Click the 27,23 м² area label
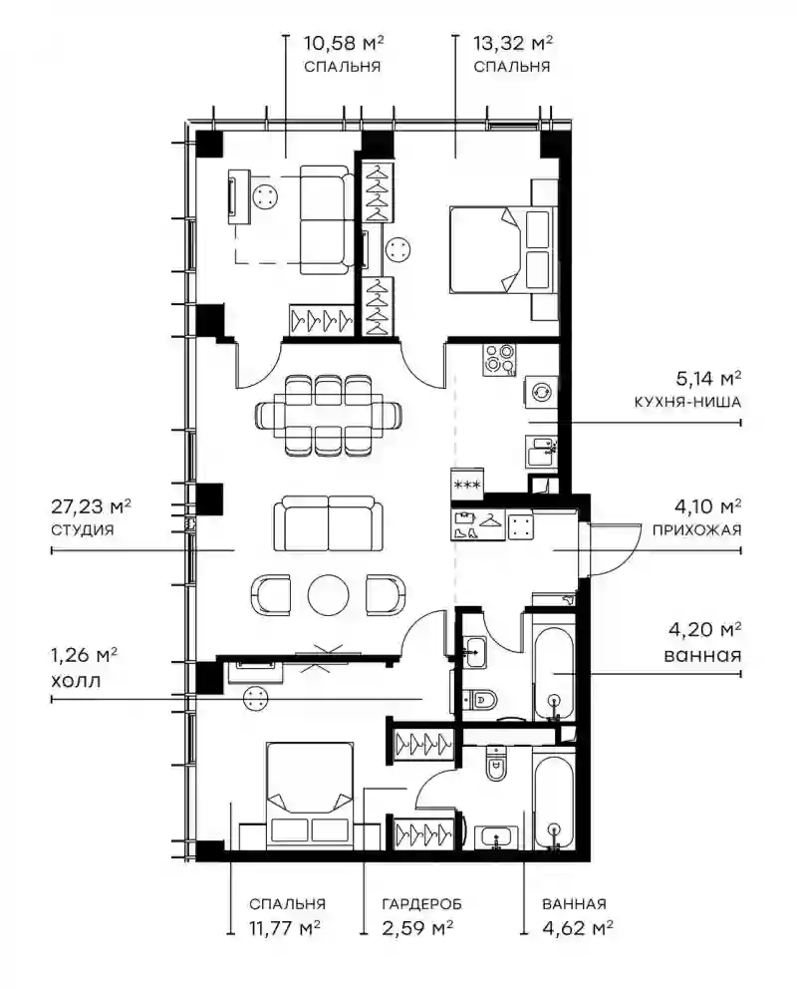coord(91,507)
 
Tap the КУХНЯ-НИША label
coord(687,402)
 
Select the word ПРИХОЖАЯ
coord(696,529)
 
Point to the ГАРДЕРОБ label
coord(421,904)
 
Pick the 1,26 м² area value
coord(84,655)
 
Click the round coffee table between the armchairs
coord(328,594)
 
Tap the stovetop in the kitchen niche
coord(499,360)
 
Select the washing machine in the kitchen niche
coord(540,392)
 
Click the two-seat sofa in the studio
coord(328,522)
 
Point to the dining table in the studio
coord(328,415)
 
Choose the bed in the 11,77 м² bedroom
coord(310,795)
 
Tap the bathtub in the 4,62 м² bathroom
coord(554,800)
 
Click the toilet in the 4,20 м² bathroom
coord(480,699)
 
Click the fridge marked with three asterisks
coord(467,484)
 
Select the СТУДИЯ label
coord(82,529)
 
